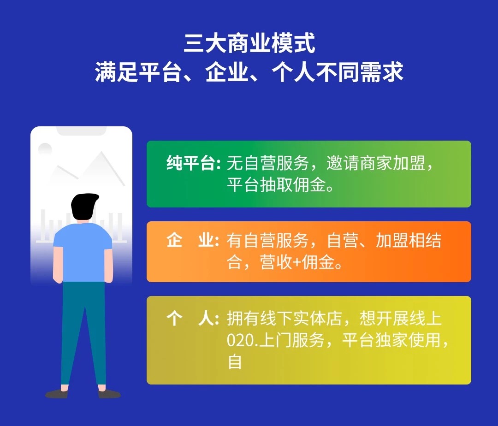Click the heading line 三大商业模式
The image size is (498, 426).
click(249, 43)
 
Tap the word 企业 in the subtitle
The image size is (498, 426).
click(226, 72)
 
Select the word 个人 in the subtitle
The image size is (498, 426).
click(293, 72)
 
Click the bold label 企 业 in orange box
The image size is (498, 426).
click(190, 240)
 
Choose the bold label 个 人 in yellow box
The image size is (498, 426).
click(190, 319)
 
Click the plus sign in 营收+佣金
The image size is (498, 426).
click(297, 263)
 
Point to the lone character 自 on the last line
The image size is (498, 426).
click(235, 362)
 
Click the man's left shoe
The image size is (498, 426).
click(57, 394)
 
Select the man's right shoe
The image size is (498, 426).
click(109, 394)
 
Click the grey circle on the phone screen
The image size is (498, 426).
click(45, 149)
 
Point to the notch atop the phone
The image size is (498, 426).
click(81, 131)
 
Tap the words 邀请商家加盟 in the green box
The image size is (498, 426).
click(376, 164)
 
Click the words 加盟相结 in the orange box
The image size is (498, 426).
click(409, 240)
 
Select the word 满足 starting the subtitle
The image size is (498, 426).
click(116, 72)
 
